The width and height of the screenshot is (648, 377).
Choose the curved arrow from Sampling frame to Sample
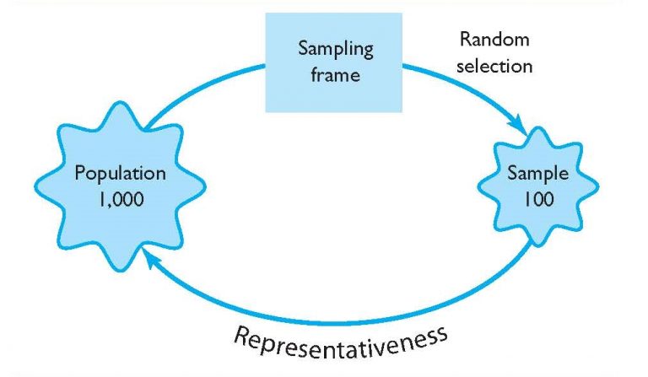coord(472,88)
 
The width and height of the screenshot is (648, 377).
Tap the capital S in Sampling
coord(303,47)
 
